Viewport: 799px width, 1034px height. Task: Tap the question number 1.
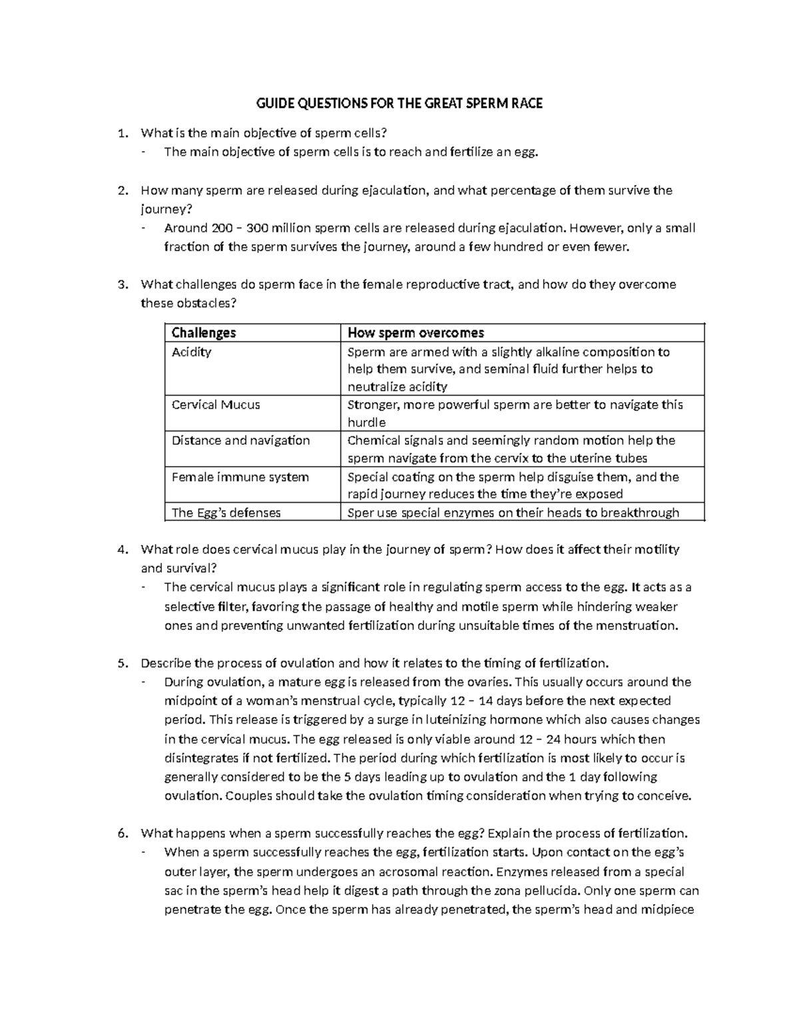point(121,133)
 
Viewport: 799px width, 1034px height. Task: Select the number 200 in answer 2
point(222,228)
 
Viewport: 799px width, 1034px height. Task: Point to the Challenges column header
point(204,332)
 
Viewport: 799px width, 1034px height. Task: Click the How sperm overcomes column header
point(415,332)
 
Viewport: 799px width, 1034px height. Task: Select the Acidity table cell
point(192,352)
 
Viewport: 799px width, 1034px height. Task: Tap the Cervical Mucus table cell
point(216,405)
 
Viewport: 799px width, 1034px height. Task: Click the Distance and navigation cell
point(240,441)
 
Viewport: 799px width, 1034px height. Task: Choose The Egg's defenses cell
point(226,513)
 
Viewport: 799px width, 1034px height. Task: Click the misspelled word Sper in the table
point(360,513)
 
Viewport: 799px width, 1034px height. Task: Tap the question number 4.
point(121,550)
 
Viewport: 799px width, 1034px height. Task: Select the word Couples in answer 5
point(249,796)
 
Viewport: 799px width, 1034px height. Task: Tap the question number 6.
point(121,834)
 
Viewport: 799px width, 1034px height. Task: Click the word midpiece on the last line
point(667,909)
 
